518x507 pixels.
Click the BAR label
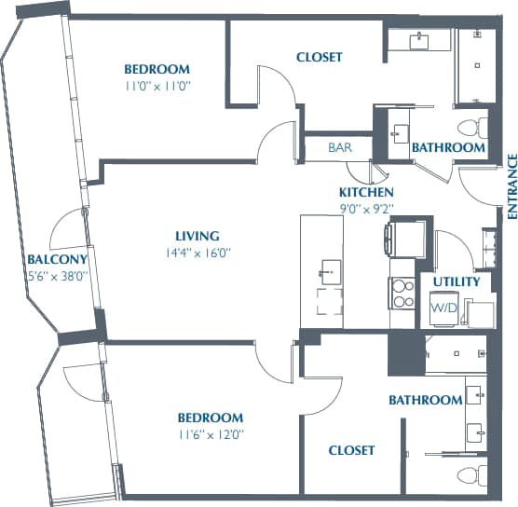[339, 148]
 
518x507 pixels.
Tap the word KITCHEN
[366, 192]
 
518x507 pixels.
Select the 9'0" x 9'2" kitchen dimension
[366, 207]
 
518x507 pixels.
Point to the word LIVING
[197, 236]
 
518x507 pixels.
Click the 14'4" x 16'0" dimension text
[197, 252]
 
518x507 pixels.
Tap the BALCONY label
[57, 259]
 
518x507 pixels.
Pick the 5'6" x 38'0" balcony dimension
[57, 275]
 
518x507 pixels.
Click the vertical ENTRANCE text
[511, 186]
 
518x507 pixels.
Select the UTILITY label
[457, 281]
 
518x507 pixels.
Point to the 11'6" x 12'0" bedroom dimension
[211, 433]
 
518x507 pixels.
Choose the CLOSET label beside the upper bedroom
[320, 57]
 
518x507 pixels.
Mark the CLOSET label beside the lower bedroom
[352, 450]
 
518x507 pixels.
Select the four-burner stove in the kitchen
[402, 294]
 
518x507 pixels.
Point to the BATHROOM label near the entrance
[448, 147]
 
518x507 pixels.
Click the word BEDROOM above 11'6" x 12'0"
[211, 418]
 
